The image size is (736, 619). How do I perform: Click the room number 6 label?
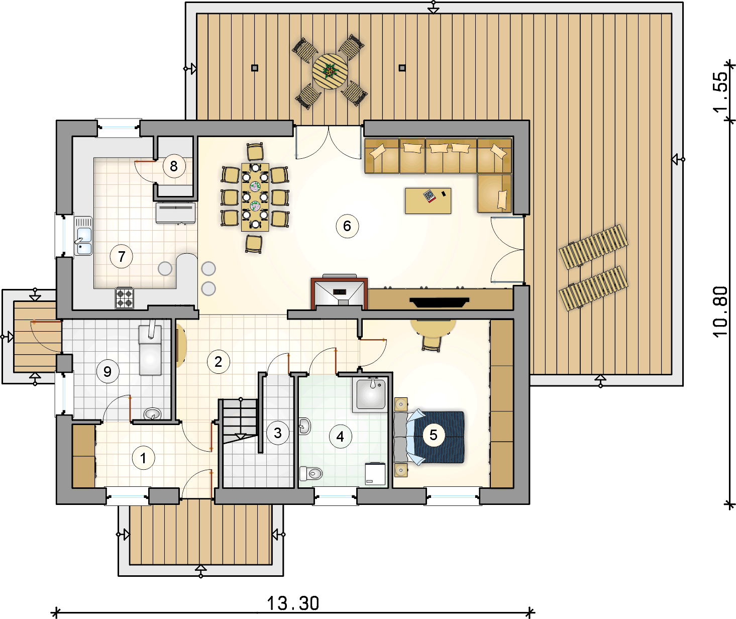[x=347, y=226]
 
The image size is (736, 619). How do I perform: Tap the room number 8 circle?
[x=174, y=166]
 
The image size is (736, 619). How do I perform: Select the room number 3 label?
[x=278, y=433]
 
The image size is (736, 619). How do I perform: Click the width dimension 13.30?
[x=293, y=603]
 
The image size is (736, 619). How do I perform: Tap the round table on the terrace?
[x=330, y=71]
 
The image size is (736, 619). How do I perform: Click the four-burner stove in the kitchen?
[x=125, y=298]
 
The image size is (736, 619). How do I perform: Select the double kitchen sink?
[x=83, y=236]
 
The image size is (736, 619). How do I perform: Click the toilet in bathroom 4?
[x=311, y=473]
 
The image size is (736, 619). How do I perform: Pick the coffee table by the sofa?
[x=428, y=201]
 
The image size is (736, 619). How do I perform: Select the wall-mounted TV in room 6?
[x=439, y=302]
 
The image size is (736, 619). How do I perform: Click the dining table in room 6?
[x=255, y=197]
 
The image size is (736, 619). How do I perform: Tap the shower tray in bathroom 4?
[x=371, y=394]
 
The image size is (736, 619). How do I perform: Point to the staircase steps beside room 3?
[x=241, y=420]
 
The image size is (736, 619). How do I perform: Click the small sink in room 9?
[x=153, y=414]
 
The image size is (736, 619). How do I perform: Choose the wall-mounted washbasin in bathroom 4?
[x=305, y=426]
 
